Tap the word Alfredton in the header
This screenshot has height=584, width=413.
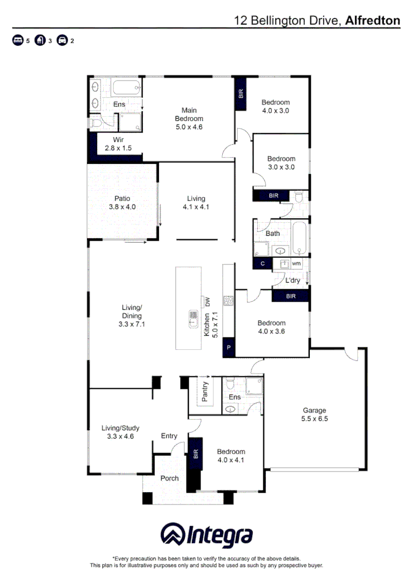[372, 21]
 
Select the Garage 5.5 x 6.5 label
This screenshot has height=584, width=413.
[314, 414]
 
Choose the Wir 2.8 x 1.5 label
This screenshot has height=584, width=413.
[118, 143]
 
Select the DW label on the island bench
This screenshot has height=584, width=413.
[206, 302]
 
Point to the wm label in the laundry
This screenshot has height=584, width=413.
[296, 264]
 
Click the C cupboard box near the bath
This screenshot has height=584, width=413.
[262, 264]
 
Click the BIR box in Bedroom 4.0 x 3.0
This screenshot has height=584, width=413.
[241, 93]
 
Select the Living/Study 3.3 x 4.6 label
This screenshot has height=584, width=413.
[121, 432]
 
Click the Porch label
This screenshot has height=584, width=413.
[169, 479]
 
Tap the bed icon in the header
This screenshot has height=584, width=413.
[18, 41]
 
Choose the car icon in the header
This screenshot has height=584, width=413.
[62, 41]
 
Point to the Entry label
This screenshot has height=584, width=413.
[169, 436]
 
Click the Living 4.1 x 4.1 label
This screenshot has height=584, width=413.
[196, 202]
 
